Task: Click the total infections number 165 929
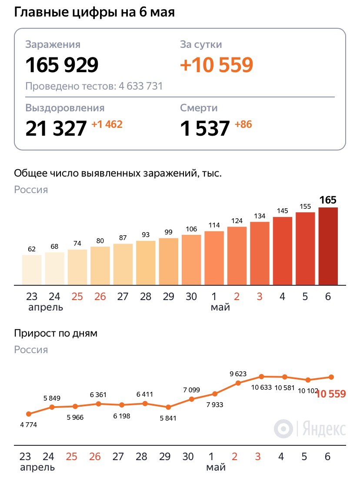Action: tap(62, 65)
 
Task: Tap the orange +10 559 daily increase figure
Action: tap(216, 65)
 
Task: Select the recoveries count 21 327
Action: tap(56, 128)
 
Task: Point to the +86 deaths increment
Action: tap(243, 125)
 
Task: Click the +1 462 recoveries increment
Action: tap(107, 125)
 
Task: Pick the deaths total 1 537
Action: tap(205, 128)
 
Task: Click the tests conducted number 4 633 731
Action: tap(140, 86)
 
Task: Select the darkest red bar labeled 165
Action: tap(328, 246)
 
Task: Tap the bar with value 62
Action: tap(32, 270)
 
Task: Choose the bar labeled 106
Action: tap(191, 260)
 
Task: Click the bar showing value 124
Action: tap(237, 256)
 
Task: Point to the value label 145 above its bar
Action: tap(282, 211)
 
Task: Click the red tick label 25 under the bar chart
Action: tap(77, 297)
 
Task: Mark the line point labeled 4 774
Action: tap(29, 414)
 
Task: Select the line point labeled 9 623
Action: tap(238, 383)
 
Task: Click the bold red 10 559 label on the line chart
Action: tap(331, 394)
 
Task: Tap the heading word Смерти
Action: tap(199, 108)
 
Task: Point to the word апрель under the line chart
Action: tap(37, 468)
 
